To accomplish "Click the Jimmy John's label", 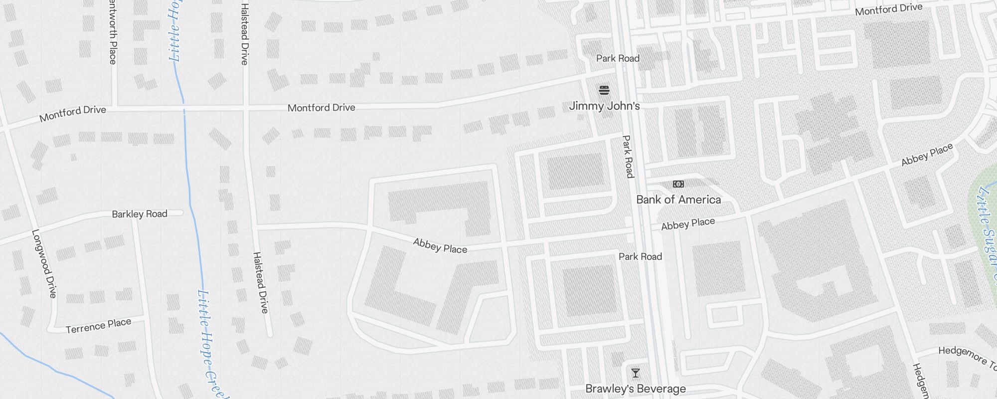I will [x=604, y=106].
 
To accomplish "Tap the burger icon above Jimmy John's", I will [x=604, y=90].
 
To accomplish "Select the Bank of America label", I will [x=678, y=199].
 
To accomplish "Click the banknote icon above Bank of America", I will [x=678, y=184].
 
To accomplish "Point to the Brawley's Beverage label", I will [x=636, y=389].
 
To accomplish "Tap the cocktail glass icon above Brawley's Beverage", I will [x=636, y=373].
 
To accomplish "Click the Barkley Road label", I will [x=140, y=214].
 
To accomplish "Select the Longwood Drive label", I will [x=44, y=263].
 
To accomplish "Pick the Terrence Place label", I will [x=98, y=326].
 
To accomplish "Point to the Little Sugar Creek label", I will [x=986, y=229].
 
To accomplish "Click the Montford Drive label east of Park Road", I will [x=888, y=9].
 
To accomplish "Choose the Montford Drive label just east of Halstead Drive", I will [x=322, y=107].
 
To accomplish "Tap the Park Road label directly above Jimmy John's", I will [x=618, y=58].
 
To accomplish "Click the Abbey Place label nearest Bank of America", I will [x=688, y=224].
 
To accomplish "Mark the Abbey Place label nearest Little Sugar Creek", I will [x=927, y=154].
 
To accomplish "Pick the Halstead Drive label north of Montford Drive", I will [x=244, y=34].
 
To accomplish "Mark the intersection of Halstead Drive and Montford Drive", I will [x=245, y=108].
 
